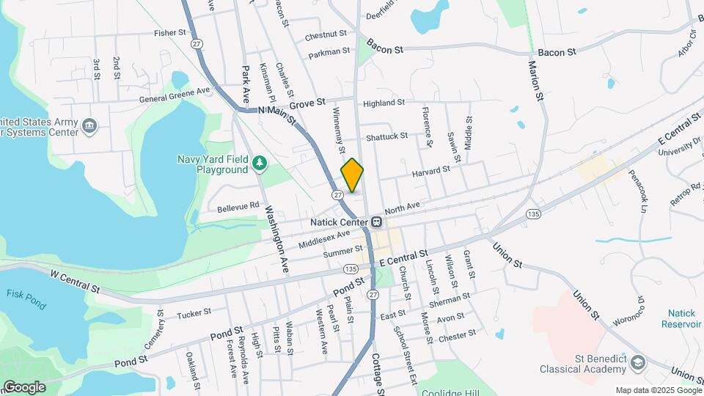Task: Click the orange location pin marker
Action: tap(352, 175)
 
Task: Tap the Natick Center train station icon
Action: tap(376, 221)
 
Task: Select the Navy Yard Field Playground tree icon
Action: tap(258, 162)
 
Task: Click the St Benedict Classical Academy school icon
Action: tap(637, 363)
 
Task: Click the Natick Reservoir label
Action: tap(681, 318)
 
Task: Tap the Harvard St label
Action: tap(431, 170)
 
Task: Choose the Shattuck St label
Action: tap(386, 136)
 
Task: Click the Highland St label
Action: tap(384, 103)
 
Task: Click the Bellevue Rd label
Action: tap(238, 207)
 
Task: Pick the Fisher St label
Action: tap(170, 33)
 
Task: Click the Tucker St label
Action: tap(194, 312)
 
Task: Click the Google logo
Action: tap(23, 386)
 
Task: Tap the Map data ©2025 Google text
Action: tap(657, 390)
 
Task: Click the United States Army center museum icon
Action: tap(89, 126)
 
